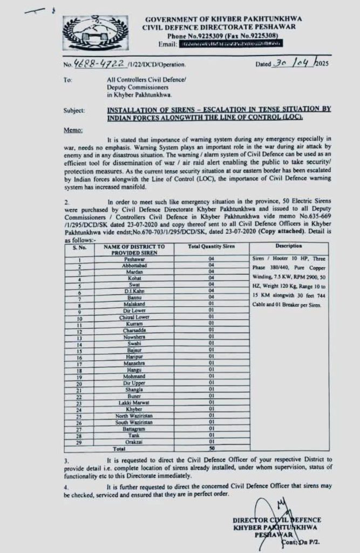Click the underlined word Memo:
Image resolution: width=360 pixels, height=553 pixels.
73,130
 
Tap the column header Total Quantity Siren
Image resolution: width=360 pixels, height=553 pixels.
212,246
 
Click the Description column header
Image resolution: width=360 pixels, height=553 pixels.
289,246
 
